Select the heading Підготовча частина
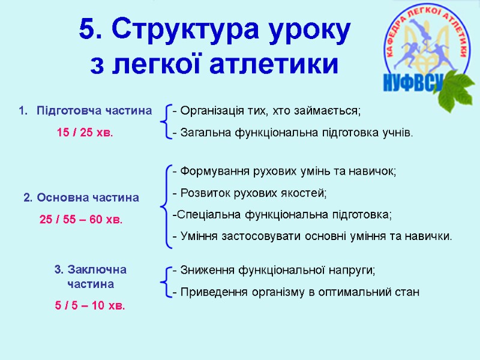click(94, 111)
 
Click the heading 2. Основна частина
click(81, 197)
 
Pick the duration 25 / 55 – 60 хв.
click(81, 220)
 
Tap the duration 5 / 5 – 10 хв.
click(90, 305)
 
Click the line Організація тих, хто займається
click(266, 111)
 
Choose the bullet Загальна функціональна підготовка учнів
click(292, 133)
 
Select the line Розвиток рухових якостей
click(249, 193)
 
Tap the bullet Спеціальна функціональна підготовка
click(281, 214)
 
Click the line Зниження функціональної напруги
click(273, 271)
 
